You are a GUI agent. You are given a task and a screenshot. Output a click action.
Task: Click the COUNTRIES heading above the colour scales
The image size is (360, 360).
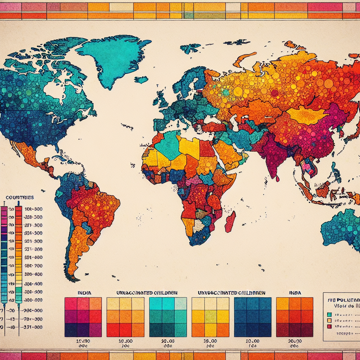point(20,198)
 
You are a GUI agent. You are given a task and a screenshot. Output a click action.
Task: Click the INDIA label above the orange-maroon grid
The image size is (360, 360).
point(295,292)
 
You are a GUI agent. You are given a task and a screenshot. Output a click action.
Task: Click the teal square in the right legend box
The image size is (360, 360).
point(329,314)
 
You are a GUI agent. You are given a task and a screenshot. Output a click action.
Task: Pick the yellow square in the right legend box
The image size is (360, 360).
point(329,320)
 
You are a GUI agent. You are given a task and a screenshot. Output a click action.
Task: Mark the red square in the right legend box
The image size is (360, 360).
point(329,327)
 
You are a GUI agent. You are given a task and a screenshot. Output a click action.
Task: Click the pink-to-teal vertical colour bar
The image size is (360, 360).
point(4,253)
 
